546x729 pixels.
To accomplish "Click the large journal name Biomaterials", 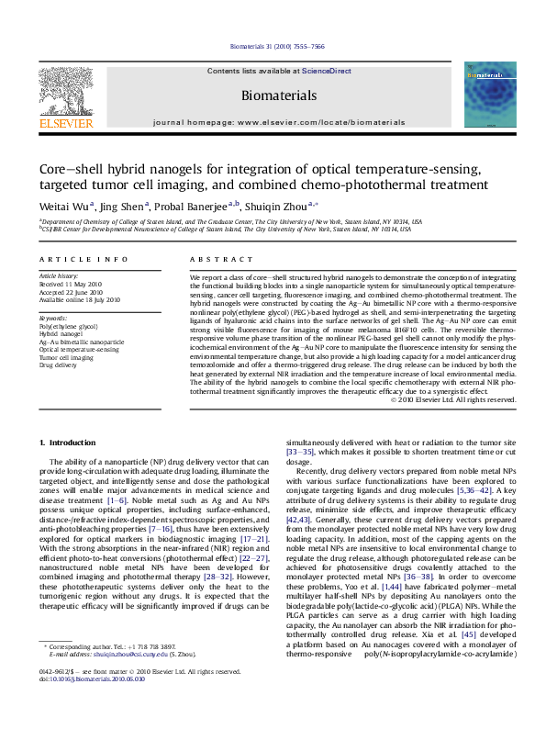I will [279, 95].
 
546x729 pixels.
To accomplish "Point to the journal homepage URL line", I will [278, 121].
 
